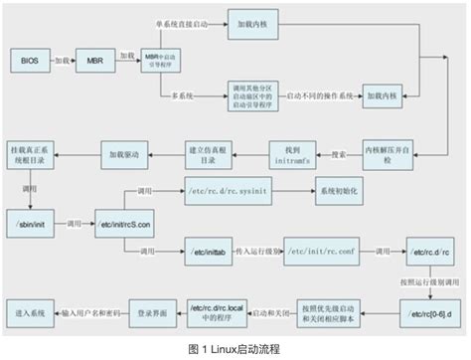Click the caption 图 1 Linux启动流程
[235, 349]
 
